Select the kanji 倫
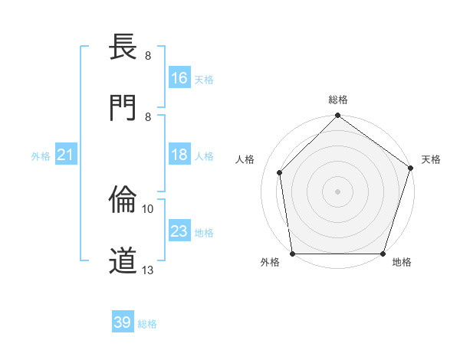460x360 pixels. (x=123, y=200)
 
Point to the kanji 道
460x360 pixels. (x=123, y=260)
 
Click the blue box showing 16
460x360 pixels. (x=179, y=77)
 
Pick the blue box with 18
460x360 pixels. (x=179, y=155)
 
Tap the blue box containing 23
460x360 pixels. (x=179, y=231)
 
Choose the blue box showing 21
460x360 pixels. (x=66, y=155)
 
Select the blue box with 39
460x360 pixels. (x=123, y=322)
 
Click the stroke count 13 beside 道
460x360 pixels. (x=148, y=270)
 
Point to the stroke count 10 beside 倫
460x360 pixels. (x=148, y=208)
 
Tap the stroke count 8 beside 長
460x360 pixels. (x=148, y=56)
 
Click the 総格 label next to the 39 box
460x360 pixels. (x=147, y=324)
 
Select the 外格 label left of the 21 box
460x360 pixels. (x=41, y=156)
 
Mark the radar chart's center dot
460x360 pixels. (x=337, y=191)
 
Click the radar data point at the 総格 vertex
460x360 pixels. (x=337, y=116)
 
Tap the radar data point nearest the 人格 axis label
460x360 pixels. (x=280, y=172)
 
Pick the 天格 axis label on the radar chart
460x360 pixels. (x=431, y=159)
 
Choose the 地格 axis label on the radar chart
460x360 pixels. (x=402, y=262)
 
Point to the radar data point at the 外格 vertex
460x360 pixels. (x=293, y=254)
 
